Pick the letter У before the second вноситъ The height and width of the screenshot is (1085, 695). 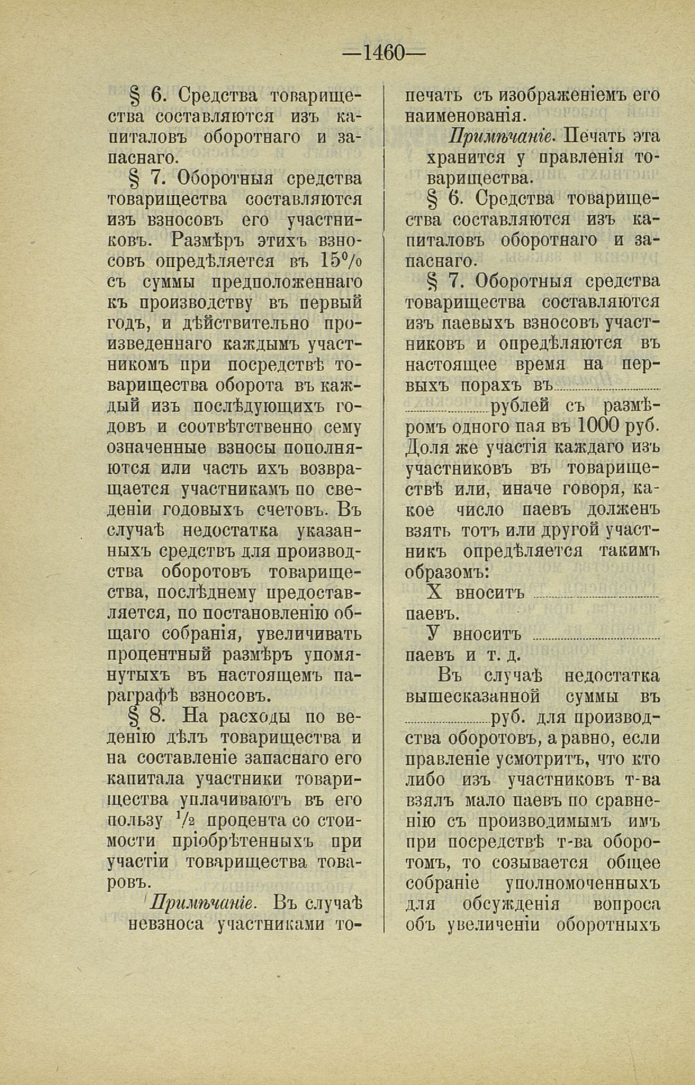[432, 634]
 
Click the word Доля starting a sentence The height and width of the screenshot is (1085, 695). [428, 448]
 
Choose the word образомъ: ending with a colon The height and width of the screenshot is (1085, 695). [446, 572]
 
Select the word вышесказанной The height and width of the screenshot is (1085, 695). [472, 696]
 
